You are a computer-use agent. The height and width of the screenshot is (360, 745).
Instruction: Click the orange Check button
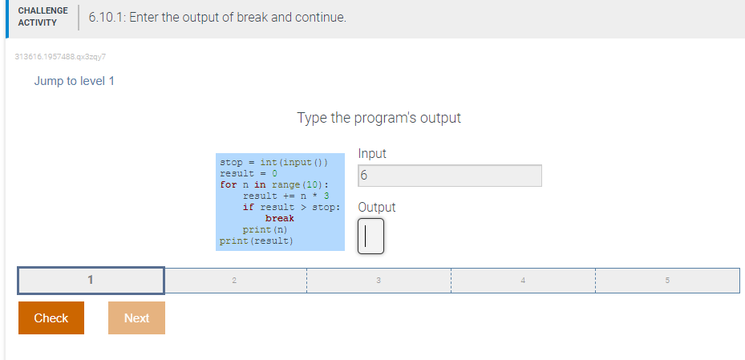point(51,318)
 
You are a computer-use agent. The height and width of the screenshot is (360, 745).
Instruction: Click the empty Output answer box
point(370,236)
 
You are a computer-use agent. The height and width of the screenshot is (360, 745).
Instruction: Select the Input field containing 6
point(449,176)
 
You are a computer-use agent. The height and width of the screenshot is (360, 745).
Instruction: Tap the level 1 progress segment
point(91,280)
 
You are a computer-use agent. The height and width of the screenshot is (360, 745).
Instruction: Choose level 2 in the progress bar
point(235,280)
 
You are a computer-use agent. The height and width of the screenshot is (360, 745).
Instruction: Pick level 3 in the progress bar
point(379,280)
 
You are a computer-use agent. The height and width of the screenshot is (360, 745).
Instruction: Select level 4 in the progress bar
point(523,280)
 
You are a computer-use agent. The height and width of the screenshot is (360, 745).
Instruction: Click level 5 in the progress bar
point(667,280)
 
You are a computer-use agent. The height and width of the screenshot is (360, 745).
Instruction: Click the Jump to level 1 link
point(74,81)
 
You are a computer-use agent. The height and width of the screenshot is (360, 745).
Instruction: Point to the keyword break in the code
point(279,218)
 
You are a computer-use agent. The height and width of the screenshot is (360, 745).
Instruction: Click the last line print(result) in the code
point(257,241)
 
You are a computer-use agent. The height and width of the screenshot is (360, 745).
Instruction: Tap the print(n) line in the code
point(265,230)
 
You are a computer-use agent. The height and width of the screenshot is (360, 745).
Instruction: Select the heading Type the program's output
point(379,118)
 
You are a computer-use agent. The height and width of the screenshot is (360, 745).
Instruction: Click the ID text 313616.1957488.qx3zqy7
point(60,56)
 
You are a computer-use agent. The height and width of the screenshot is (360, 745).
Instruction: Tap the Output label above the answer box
point(377,207)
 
